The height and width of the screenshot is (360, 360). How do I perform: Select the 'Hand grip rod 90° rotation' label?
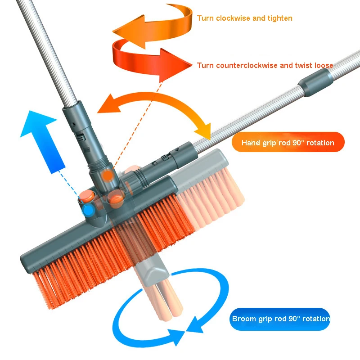click(288, 143)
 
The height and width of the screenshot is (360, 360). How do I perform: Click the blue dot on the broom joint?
click(89, 210)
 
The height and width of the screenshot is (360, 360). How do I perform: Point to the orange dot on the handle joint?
click(108, 175)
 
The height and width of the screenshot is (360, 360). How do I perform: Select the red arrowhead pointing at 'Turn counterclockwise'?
click(176, 65)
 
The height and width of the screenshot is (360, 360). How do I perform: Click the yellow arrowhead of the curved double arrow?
click(204, 131)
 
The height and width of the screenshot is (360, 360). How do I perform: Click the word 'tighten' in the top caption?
click(280, 18)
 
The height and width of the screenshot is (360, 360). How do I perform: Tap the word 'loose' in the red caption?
click(324, 65)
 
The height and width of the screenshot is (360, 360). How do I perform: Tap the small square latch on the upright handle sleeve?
click(81, 138)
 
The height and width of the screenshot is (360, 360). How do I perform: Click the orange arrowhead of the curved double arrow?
click(109, 104)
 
